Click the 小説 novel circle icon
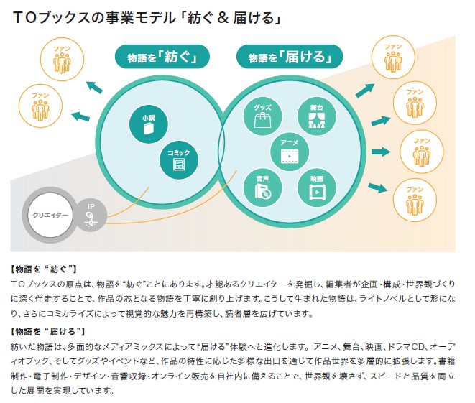[148, 124]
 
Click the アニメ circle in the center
[289, 151]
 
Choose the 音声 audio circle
[262, 185]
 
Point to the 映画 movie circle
[316, 185]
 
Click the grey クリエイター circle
[50, 215]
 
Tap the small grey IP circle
[91, 214]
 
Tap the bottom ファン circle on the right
[414, 198]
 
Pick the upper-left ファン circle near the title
[68, 60]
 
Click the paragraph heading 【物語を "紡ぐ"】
[48, 269]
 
